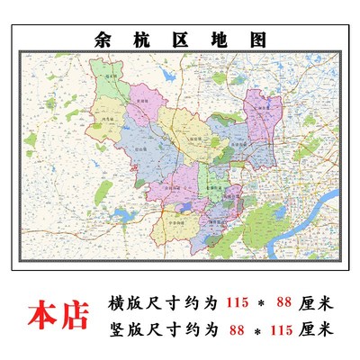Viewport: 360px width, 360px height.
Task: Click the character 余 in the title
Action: pos(103,40)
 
